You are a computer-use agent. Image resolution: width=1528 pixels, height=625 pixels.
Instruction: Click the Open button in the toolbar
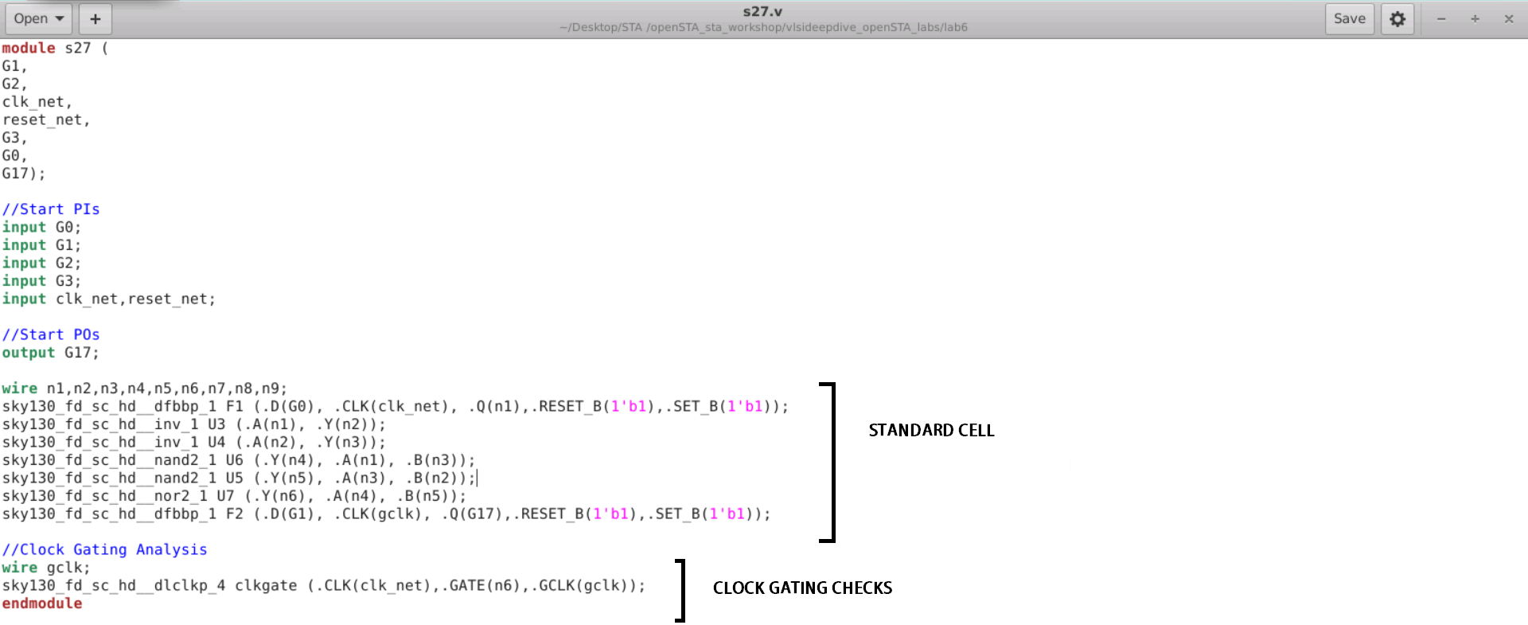[37, 18]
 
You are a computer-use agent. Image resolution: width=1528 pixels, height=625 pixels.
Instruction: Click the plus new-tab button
[95, 18]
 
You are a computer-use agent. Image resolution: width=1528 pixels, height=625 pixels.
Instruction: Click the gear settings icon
[1397, 18]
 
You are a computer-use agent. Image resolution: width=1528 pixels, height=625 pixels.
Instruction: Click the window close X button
[1508, 18]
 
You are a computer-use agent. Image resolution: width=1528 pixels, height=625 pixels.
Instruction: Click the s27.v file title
[762, 11]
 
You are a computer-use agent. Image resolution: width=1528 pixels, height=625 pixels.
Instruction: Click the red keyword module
[29, 48]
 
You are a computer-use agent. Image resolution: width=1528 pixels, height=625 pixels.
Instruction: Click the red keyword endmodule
[42, 603]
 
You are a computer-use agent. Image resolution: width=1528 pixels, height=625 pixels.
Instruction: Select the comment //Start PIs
[51, 209]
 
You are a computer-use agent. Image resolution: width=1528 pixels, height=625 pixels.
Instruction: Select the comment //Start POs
[51, 334]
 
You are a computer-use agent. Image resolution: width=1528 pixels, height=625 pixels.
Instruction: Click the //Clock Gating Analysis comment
[104, 549]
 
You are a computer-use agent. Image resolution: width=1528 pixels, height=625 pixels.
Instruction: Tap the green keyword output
[29, 352]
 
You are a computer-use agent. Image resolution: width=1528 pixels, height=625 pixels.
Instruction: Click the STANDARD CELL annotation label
[931, 430]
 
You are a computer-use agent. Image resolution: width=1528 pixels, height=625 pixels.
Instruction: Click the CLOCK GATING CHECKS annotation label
[802, 588]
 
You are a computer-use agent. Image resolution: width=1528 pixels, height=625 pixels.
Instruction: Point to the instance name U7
[225, 496]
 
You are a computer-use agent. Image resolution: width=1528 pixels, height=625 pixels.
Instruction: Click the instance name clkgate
[266, 585]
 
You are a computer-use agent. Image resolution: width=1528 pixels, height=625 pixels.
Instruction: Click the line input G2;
[41, 263]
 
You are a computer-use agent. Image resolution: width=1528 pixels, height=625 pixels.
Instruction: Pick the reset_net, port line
[46, 119]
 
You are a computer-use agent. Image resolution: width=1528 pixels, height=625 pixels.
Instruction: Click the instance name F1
[234, 406]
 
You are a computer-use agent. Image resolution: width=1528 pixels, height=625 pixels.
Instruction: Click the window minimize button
[1440, 18]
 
